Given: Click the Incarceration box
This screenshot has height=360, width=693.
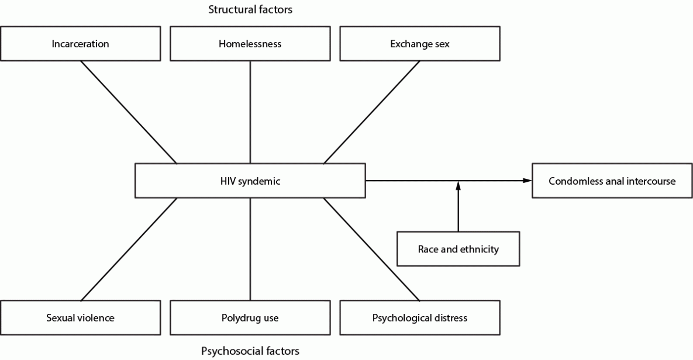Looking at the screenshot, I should (81, 44).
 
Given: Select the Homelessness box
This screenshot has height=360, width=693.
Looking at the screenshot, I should (250, 44).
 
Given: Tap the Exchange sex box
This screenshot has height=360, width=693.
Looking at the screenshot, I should (420, 44).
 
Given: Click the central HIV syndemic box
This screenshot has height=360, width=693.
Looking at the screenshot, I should (250, 181).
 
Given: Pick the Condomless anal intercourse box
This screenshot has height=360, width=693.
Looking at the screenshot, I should (612, 181).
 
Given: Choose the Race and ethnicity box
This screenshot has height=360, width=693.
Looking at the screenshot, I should (458, 249).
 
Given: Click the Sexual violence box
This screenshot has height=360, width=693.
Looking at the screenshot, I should (81, 318).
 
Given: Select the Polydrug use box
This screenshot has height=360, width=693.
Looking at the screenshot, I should (250, 318).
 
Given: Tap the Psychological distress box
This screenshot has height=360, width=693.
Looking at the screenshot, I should (420, 318).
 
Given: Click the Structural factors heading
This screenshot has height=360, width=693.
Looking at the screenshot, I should (250, 9).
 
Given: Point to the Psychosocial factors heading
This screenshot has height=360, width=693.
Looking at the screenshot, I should (250, 351).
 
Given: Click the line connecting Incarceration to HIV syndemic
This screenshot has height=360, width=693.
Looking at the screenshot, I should (129, 112).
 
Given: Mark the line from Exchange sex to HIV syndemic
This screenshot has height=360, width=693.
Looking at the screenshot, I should (372, 112).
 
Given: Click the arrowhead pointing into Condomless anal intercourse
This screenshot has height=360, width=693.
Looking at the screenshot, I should (528, 181).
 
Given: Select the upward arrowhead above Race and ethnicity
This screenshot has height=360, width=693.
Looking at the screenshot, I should (458, 185).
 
